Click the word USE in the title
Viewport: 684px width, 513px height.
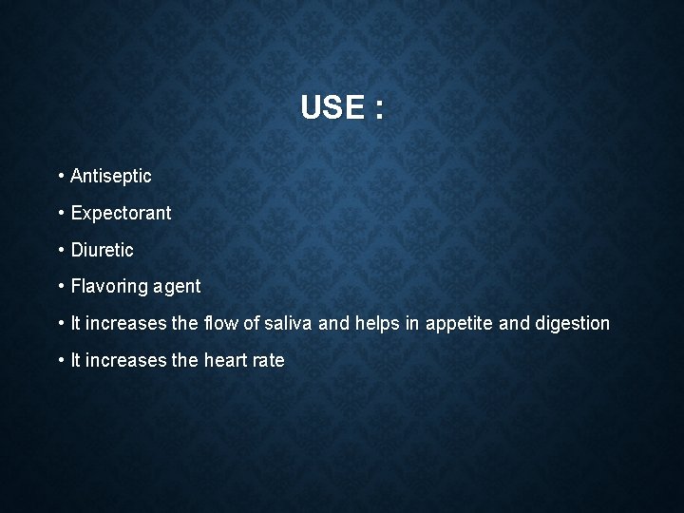point(332,107)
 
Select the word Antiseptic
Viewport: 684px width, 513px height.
point(111,176)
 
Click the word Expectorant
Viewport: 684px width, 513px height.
point(122,213)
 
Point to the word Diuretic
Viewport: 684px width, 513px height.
point(103,250)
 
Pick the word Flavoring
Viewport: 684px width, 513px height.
point(103,286)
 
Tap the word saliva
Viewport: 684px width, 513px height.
point(289,323)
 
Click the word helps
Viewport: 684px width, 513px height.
point(377,323)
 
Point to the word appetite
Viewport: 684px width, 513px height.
point(459,324)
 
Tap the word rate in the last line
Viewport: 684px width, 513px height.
point(269,360)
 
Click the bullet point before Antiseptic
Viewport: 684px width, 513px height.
point(60,176)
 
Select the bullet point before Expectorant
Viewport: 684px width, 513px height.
point(60,213)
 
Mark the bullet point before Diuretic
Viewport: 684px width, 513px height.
point(60,250)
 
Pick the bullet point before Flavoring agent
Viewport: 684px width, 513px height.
point(60,286)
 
